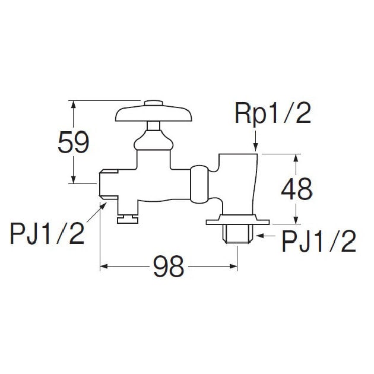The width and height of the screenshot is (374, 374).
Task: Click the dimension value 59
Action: (x=74, y=142)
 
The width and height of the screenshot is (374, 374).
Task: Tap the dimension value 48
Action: (x=296, y=189)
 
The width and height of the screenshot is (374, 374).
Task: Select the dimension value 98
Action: (x=169, y=266)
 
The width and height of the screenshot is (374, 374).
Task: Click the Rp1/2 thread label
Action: (x=273, y=113)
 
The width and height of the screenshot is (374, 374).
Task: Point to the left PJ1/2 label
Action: (x=47, y=233)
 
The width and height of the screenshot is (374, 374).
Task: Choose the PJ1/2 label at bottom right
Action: (x=319, y=241)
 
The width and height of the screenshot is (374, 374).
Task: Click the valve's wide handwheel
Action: (x=154, y=114)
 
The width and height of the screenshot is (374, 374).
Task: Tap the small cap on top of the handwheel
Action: (x=154, y=103)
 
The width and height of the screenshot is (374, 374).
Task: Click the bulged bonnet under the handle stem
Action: (x=153, y=141)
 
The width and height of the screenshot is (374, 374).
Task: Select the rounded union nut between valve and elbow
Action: (x=199, y=184)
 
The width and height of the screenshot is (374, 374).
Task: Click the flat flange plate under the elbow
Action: (x=238, y=220)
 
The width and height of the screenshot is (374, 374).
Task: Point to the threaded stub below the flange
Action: (x=237, y=234)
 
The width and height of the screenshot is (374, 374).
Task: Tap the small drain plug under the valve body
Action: (x=128, y=219)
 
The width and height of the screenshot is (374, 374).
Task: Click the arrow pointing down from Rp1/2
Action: (x=255, y=141)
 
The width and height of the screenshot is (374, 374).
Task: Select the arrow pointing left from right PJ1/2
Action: (x=265, y=236)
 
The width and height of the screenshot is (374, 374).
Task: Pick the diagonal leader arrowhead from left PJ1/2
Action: (x=103, y=205)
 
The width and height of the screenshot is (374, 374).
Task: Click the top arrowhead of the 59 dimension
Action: (x=74, y=105)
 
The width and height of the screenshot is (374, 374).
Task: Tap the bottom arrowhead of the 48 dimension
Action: (x=296, y=220)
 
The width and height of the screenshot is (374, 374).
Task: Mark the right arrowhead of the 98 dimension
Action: (x=233, y=266)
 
